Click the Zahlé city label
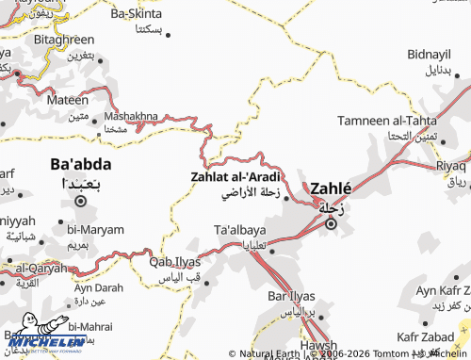point(331,188)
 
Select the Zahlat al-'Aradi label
point(235,176)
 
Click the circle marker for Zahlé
point(331,224)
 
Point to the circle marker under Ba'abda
point(81,201)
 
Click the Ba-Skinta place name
point(137,14)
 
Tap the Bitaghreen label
point(64,40)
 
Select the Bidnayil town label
point(430,54)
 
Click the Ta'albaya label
point(240,230)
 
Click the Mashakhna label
point(131,116)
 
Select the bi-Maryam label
point(96,229)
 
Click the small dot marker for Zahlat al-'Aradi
point(285,197)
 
